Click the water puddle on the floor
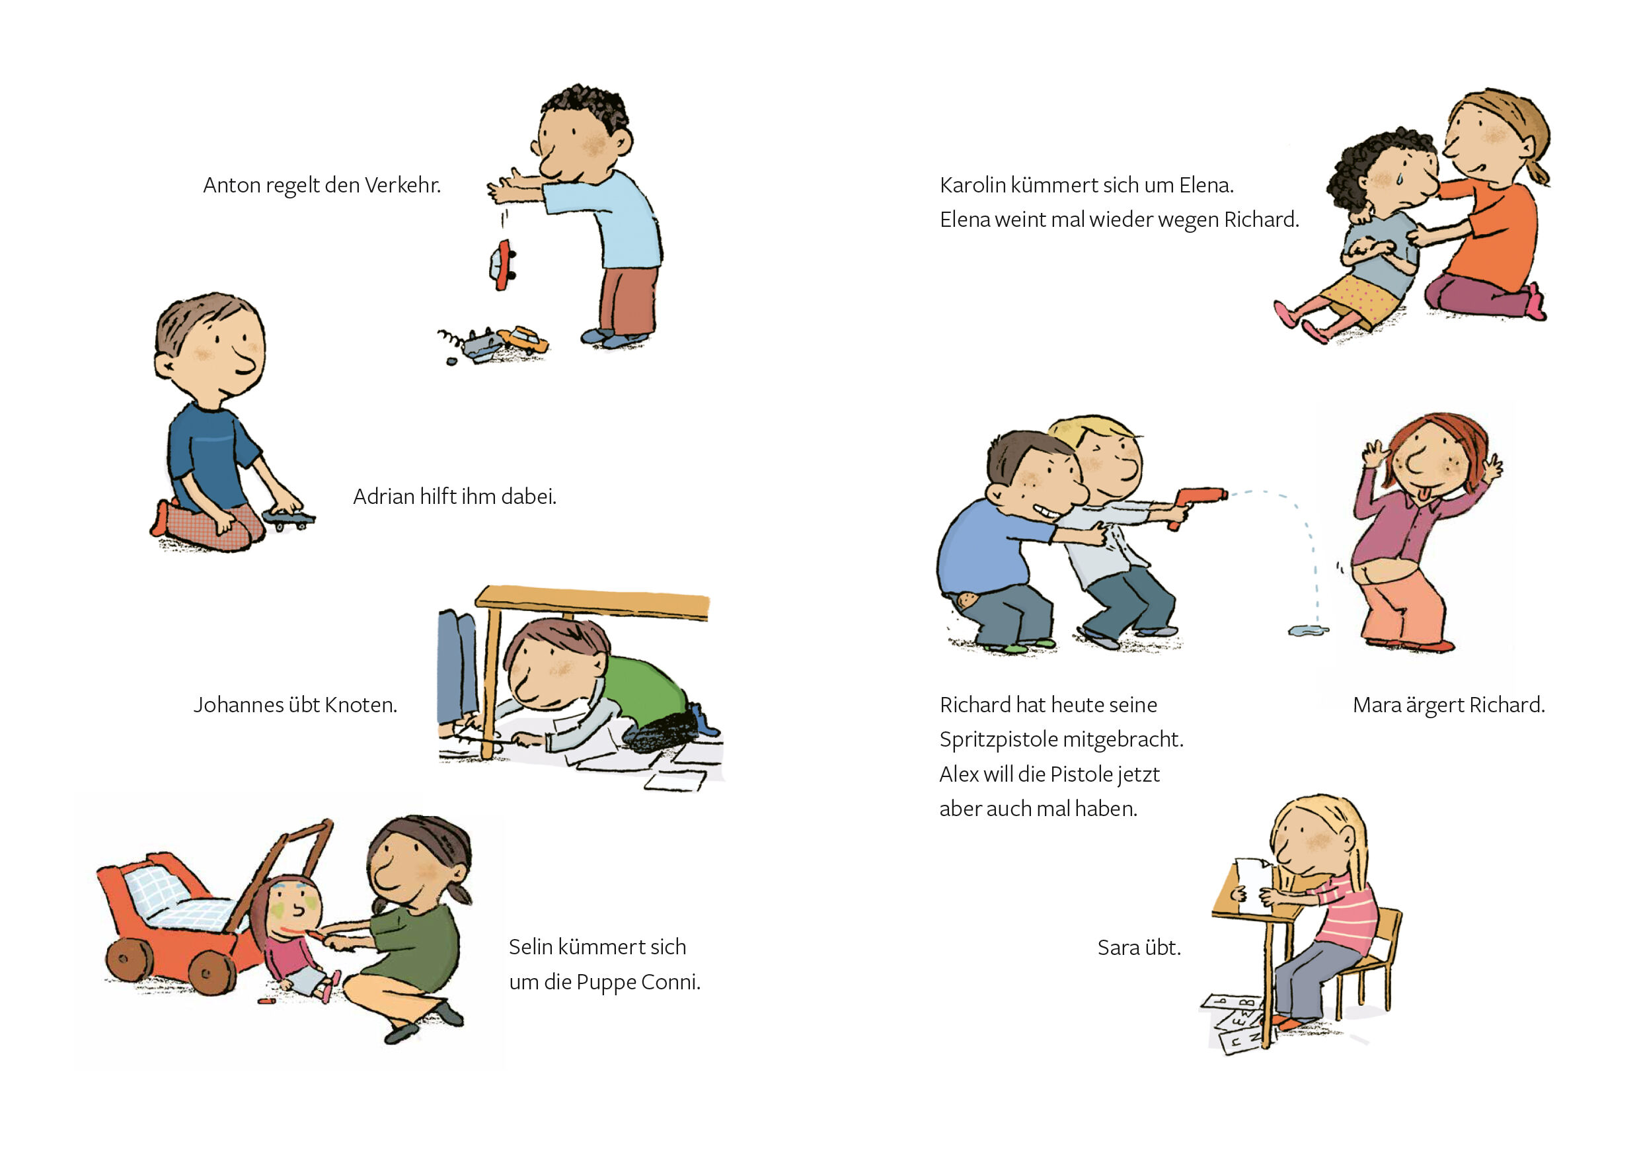point(1309,630)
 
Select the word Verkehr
point(402,185)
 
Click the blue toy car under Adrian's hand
point(288,518)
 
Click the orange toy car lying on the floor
point(523,339)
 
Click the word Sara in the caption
point(1119,948)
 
